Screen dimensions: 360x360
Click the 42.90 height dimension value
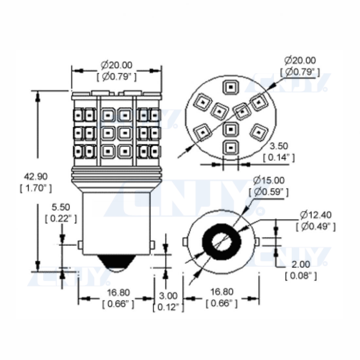tap(36, 176)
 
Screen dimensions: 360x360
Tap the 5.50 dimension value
tap(61, 207)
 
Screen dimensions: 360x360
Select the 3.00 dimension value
tap(168, 296)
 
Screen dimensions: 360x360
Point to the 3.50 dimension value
tap(279, 146)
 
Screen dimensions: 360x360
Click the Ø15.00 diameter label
tap(269, 180)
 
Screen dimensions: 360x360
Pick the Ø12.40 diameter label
tap(316, 215)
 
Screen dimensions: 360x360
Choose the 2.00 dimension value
tap(300, 264)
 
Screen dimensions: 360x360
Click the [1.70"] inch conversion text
tap(36, 188)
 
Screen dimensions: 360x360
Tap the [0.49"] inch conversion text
tap(316, 226)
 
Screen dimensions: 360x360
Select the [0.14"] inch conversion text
tap(279, 157)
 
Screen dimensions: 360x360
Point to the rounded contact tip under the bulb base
tap(116, 263)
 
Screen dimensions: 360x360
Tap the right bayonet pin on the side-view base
tap(152, 245)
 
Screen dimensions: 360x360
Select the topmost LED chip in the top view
tap(230, 87)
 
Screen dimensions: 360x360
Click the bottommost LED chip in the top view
tap(230, 147)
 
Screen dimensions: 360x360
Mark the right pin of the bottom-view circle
tap(257, 242)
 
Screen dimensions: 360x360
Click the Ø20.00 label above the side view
tap(117, 65)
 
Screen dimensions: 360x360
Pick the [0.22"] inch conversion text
tap(61, 219)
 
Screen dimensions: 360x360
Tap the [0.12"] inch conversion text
tap(168, 307)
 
